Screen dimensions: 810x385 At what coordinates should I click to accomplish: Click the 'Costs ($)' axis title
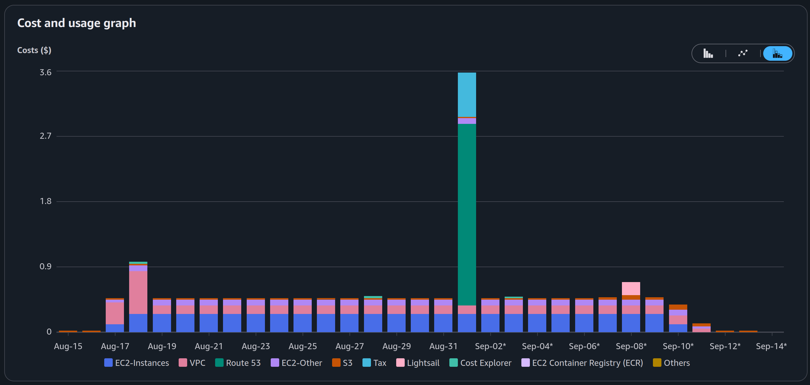point(34,50)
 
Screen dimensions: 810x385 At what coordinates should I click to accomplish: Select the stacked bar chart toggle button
point(777,53)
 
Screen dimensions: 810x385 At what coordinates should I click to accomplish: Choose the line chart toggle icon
point(743,53)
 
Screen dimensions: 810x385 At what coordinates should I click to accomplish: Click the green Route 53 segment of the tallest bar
point(467,215)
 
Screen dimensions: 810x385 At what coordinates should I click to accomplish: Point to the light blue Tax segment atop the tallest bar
point(467,95)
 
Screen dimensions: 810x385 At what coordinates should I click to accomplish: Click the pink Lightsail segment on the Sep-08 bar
point(631,288)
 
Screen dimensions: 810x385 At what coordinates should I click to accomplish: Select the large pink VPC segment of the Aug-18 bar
point(138,293)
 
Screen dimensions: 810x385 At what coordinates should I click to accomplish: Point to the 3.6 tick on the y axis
point(45,72)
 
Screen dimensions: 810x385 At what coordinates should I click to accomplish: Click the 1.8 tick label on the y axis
point(45,201)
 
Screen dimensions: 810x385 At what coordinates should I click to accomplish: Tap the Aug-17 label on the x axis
point(115,346)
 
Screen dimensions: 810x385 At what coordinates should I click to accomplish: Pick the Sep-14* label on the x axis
point(771,346)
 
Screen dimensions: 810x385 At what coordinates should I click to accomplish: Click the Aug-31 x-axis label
point(443,346)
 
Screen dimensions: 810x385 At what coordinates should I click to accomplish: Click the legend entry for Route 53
point(238,363)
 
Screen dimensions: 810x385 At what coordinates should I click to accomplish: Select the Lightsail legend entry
point(417,363)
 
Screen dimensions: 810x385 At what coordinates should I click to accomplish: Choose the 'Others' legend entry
point(671,363)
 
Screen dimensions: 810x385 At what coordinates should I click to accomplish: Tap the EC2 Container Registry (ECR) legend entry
point(582,363)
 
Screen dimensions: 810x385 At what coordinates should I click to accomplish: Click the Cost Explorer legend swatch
point(453,363)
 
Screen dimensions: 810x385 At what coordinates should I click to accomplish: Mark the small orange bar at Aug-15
point(68,331)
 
